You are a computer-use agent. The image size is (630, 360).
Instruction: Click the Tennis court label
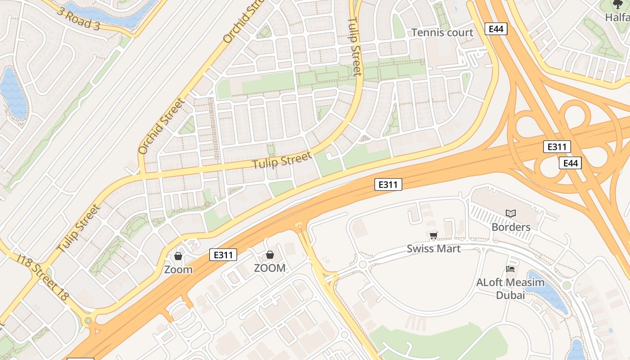442,32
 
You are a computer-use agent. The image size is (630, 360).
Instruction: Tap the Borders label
511,227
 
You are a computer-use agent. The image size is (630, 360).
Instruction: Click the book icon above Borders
510,213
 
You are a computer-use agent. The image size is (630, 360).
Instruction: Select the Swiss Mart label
434,248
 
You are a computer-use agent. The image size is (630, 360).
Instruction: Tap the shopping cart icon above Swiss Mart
434,235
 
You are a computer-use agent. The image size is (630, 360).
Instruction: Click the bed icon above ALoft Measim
510,269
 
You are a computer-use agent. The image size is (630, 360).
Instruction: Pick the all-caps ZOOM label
270,268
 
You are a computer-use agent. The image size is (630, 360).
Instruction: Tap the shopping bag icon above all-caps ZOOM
270,255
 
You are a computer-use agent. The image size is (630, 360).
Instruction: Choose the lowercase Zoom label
178,270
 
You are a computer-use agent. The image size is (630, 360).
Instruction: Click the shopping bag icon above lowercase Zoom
178,256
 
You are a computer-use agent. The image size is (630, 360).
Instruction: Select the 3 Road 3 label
78,18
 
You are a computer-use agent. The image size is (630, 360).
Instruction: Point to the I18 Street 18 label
43,277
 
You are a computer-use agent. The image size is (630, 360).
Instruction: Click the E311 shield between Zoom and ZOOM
223,255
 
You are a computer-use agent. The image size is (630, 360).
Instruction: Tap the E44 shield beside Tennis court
496,29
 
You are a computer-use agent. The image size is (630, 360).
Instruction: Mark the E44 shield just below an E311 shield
570,163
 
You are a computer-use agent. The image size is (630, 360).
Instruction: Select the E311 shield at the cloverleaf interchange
557,147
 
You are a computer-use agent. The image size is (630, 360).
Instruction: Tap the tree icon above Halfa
618,4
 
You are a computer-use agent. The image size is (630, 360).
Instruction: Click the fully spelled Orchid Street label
162,126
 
